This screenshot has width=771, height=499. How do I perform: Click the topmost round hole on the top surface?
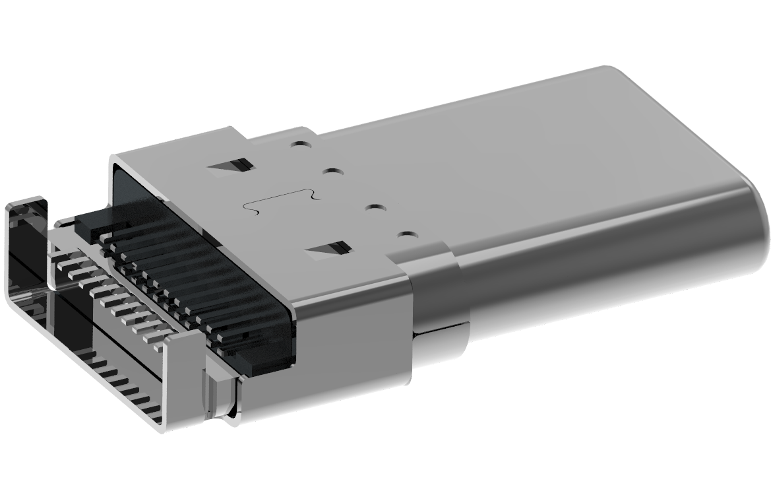click(301, 142)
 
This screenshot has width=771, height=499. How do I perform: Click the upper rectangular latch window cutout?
click(231, 165)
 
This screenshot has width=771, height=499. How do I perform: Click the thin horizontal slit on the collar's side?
click(442, 327)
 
